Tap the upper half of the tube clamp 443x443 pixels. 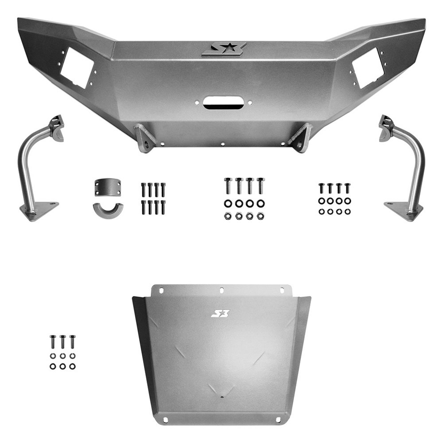(x=107, y=187)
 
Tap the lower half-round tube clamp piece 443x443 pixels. (x=107, y=210)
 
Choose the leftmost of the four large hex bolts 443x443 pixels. (x=228, y=186)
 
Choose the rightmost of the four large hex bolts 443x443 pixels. (x=260, y=186)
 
